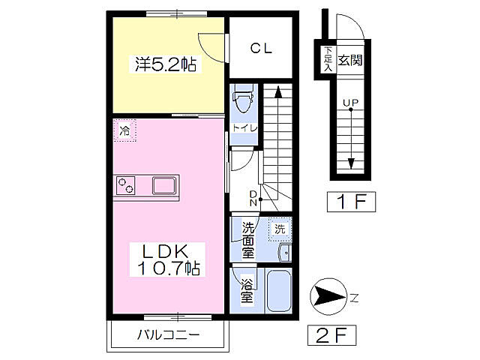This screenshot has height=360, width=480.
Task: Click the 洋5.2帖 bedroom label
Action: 166,65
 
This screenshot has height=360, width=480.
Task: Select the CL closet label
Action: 260,49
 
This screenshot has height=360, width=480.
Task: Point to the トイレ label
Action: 244,128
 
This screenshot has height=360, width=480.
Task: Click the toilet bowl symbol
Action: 243,99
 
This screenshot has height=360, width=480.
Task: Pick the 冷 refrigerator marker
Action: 125,131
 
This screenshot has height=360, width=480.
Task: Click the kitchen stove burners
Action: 126,185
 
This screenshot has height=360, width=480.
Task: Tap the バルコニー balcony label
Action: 167,334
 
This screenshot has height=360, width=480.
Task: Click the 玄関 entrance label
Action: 350,59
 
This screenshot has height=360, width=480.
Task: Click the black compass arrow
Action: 327,297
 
